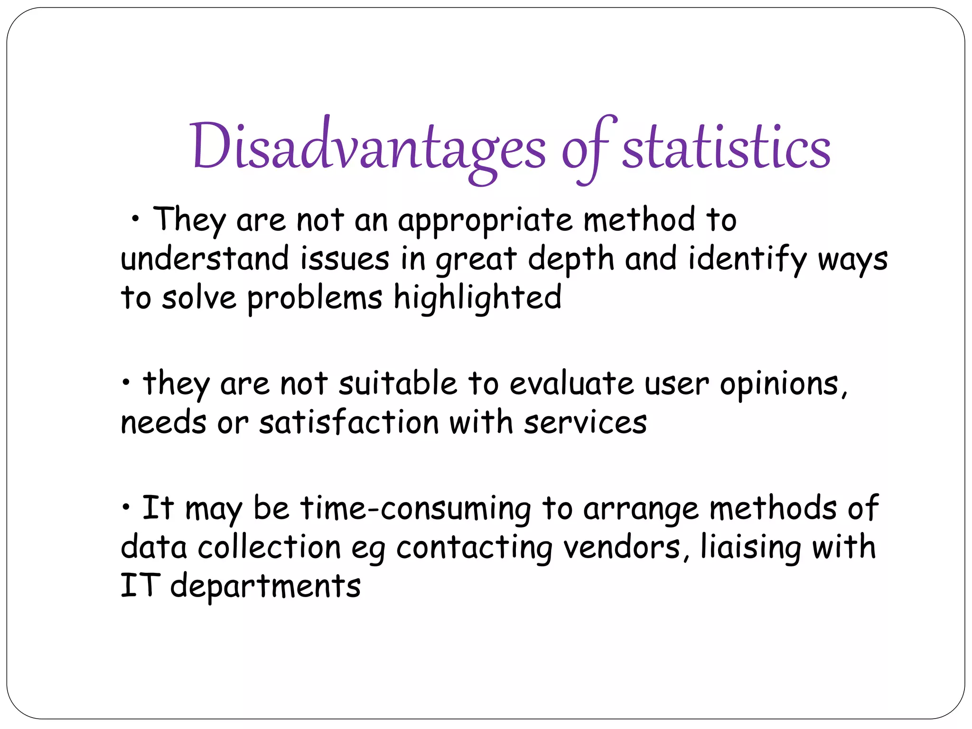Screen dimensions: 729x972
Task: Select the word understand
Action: pos(205,260)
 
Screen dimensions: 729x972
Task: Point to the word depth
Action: pos(571,261)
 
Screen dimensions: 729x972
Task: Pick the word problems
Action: pos(315,299)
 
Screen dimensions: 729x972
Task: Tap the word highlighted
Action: pos(477,299)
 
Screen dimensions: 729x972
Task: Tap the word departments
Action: pos(265,587)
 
